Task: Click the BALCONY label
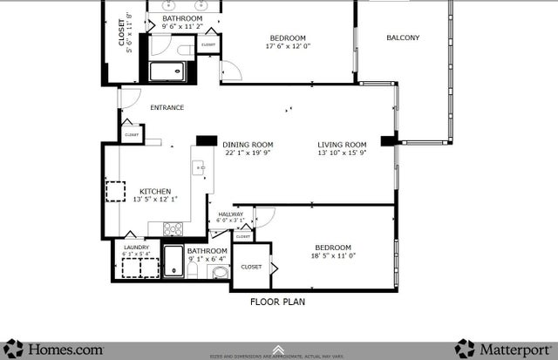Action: tap(403, 37)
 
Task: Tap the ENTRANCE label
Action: tap(167, 108)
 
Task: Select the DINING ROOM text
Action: tap(248, 145)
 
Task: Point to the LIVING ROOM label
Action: tap(341, 145)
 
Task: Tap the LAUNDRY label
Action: tap(136, 248)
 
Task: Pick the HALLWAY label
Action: tap(230, 214)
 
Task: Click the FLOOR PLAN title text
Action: tap(278, 302)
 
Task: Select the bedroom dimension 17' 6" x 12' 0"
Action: tap(287, 46)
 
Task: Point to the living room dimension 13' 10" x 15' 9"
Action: tap(341, 153)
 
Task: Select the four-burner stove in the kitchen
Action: tap(173, 229)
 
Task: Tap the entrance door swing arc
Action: tap(129, 98)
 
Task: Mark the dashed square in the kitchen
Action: tap(116, 191)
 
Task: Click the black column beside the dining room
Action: tap(207, 139)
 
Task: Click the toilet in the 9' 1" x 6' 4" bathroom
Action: tap(220, 272)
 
